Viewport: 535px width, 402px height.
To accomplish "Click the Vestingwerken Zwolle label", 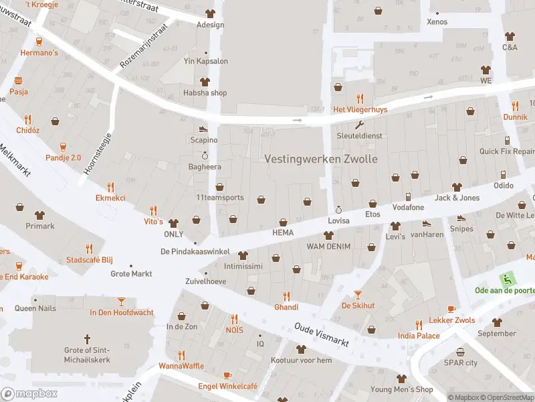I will (x=321, y=159).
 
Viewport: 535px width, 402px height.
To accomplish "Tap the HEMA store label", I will (x=283, y=232).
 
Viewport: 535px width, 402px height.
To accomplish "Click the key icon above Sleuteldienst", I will (x=359, y=125).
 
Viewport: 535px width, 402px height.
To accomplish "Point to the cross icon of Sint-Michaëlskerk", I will (x=86, y=339).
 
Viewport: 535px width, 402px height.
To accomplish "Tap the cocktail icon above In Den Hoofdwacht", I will (x=121, y=301).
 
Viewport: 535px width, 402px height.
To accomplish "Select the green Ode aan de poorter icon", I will (x=507, y=279).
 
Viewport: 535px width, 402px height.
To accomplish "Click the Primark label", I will (x=39, y=226).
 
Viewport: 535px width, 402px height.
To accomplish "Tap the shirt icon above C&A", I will (x=510, y=37).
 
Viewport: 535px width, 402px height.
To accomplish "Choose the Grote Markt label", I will (x=131, y=273).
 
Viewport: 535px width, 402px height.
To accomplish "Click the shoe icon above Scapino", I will (x=203, y=129).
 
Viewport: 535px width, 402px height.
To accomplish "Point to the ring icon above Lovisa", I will (x=338, y=210).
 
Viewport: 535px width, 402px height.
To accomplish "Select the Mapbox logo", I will (x=29, y=393).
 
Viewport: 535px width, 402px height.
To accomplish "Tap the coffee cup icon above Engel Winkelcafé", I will (x=227, y=375).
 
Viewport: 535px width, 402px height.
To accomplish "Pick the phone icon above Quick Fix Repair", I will (x=507, y=141).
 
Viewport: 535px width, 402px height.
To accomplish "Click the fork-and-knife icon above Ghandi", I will (x=286, y=295).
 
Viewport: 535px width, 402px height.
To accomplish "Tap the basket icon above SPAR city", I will (x=460, y=352).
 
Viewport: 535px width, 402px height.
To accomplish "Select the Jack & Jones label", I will (x=457, y=198).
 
